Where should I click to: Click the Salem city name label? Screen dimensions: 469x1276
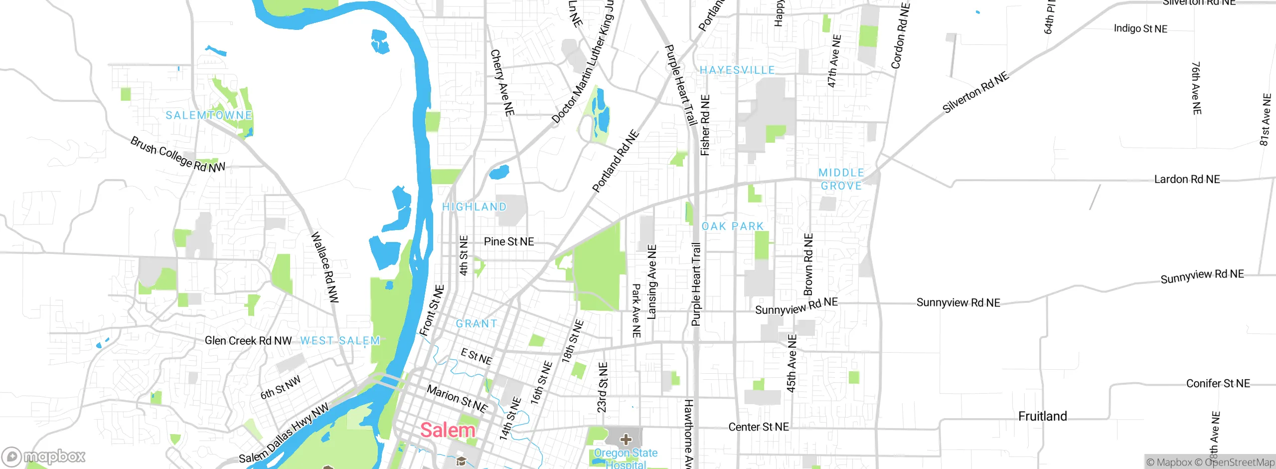tap(448, 430)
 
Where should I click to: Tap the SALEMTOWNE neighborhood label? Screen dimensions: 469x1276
tap(209, 115)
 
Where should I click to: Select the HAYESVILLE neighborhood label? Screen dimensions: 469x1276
tap(737, 70)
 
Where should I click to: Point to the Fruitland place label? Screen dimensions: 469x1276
tap(1042, 416)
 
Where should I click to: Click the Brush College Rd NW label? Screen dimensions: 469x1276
tap(177, 155)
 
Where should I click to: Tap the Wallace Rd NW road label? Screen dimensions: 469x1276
tap(325, 267)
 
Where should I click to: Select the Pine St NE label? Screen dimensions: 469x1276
tap(508, 241)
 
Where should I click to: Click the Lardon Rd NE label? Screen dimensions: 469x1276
tap(1187, 179)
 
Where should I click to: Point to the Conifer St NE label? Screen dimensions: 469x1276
tap(1218, 383)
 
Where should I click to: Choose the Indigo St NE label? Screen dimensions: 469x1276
tap(1140, 28)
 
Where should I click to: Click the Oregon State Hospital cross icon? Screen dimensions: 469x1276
tap(626, 440)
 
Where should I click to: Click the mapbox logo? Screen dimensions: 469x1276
tap(43, 457)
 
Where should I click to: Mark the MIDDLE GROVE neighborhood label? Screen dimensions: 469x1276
tap(841, 179)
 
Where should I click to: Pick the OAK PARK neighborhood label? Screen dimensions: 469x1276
tap(733, 227)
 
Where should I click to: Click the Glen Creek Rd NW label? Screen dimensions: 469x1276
tap(248, 341)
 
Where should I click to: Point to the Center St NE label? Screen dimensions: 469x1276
tap(759, 427)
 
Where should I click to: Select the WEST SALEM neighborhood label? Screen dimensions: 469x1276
tap(340, 341)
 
